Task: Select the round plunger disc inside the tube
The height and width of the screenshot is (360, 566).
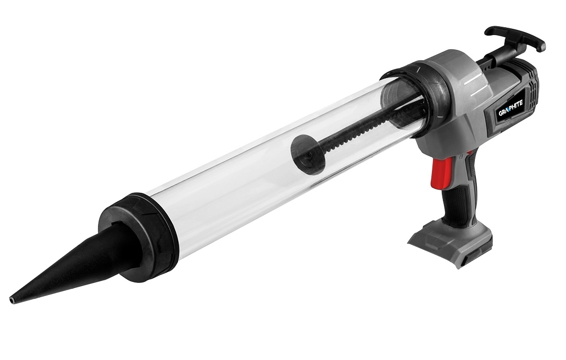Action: pos(306,151)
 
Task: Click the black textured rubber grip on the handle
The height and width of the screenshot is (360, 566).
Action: pos(461,202)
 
